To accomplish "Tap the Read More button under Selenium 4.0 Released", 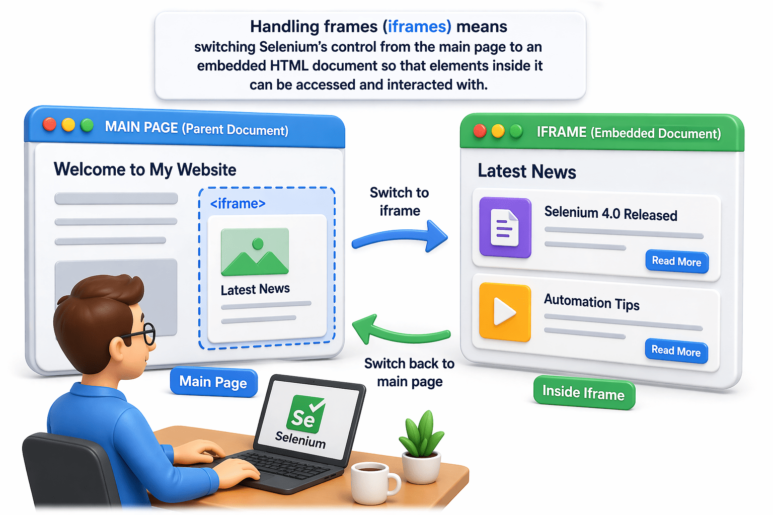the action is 676,262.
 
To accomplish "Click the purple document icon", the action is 505,227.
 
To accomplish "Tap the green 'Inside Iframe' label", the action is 584,393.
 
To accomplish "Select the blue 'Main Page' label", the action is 213,382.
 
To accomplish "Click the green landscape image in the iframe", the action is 255,251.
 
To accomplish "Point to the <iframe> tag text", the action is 238,204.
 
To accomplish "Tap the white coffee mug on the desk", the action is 373,482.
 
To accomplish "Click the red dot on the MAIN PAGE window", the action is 49,124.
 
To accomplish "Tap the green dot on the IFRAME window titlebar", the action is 516,131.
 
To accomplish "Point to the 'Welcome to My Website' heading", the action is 145,169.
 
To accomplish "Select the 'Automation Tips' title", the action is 591,302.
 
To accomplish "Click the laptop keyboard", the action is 282,465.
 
